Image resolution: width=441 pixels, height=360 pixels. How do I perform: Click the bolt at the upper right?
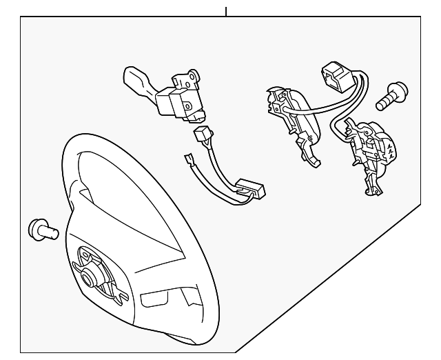click(391, 97)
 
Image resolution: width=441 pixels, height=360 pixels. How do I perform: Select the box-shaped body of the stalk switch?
click(171, 103)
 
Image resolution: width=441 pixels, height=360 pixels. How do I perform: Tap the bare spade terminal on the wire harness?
click(189, 161)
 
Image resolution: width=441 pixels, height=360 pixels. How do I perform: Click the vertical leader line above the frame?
click(226, 10)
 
